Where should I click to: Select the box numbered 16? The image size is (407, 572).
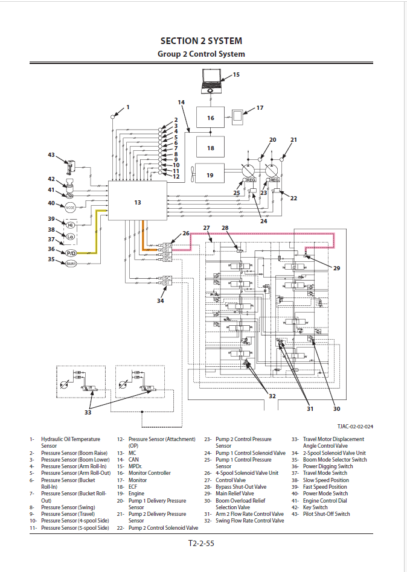pyautogui.click(x=210, y=118)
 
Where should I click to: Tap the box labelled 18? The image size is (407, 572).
pyautogui.click(x=210, y=147)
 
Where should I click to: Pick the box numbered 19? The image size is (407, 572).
pyautogui.click(x=210, y=175)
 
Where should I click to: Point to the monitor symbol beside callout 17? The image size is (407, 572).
pyautogui.click(x=240, y=115)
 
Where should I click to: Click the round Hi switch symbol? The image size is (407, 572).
pyautogui.click(x=70, y=224)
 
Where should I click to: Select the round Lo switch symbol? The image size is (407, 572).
pyautogui.click(x=70, y=237)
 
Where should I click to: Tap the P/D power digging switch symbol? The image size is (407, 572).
pyautogui.click(x=71, y=253)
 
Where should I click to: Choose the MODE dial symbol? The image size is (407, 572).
pyautogui.click(x=70, y=207)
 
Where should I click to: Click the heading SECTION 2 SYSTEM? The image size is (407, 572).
pyautogui.click(x=201, y=41)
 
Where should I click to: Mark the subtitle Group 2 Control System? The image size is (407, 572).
pyautogui.click(x=201, y=54)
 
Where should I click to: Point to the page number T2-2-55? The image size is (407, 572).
pyautogui.click(x=201, y=543)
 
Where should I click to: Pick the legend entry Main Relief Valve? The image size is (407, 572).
pyautogui.click(x=235, y=494)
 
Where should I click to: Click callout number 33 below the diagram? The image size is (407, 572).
pyautogui.click(x=88, y=413)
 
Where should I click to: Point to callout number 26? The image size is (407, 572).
pyautogui.click(x=186, y=233)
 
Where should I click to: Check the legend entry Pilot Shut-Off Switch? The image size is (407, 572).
pyautogui.click(x=326, y=514)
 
